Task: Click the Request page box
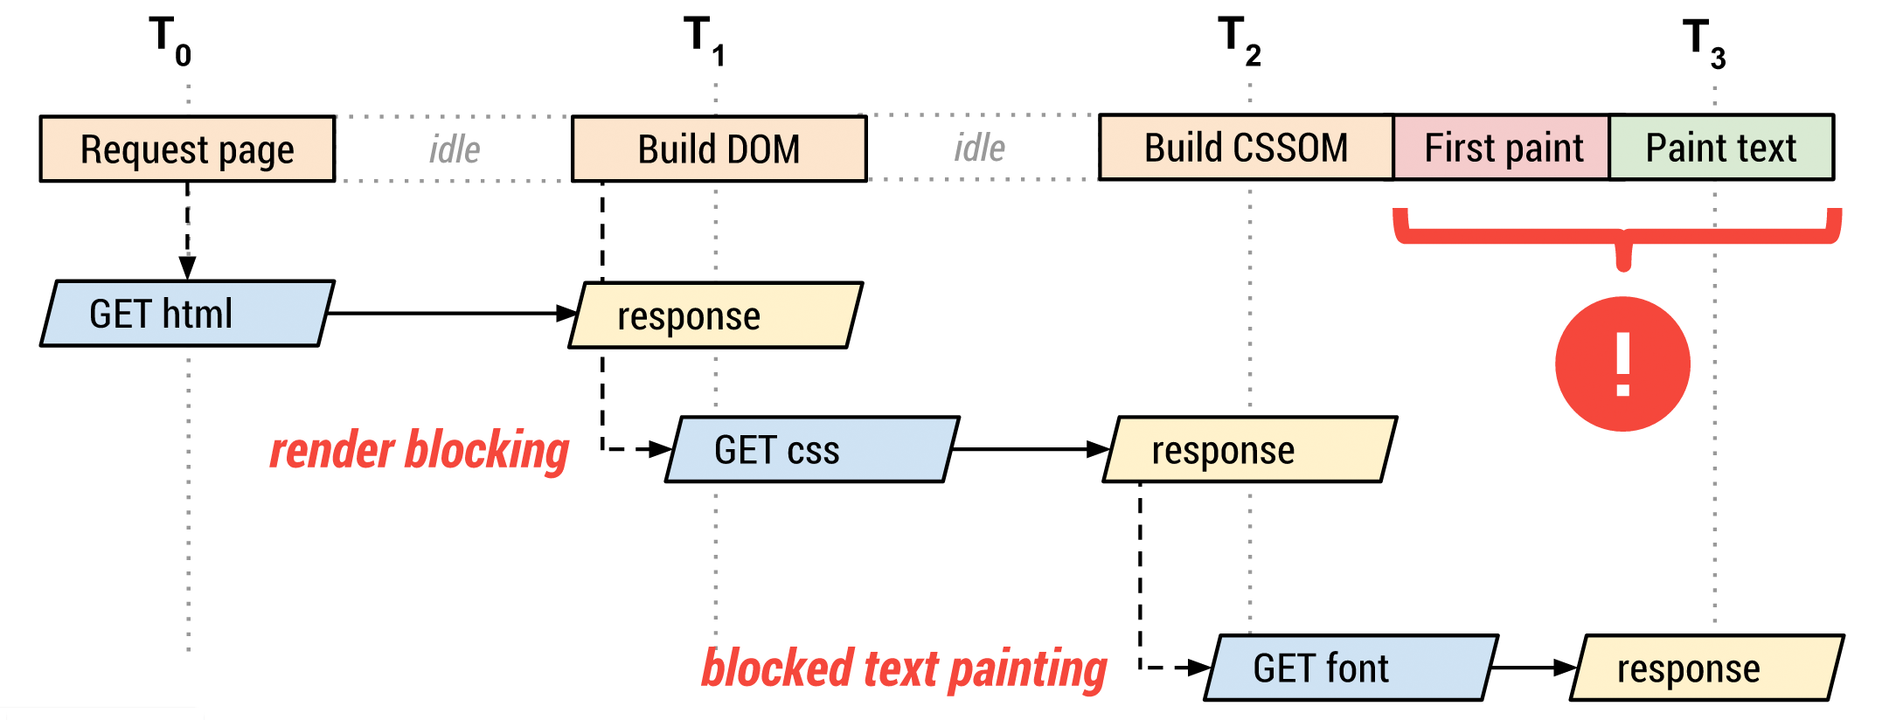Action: (187, 149)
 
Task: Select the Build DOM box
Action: (719, 149)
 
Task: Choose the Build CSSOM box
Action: (1246, 148)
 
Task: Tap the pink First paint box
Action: (1503, 148)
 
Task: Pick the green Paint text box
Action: (1720, 148)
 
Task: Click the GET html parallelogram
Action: (186, 314)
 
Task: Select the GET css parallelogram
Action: (811, 449)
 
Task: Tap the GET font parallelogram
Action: (1351, 668)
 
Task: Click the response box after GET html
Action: (715, 315)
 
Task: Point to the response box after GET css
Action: (1249, 449)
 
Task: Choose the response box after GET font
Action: (1706, 668)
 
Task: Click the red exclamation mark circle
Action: (1622, 363)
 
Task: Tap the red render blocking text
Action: (419, 451)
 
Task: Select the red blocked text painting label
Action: (904, 669)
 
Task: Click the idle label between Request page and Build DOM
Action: (455, 149)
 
